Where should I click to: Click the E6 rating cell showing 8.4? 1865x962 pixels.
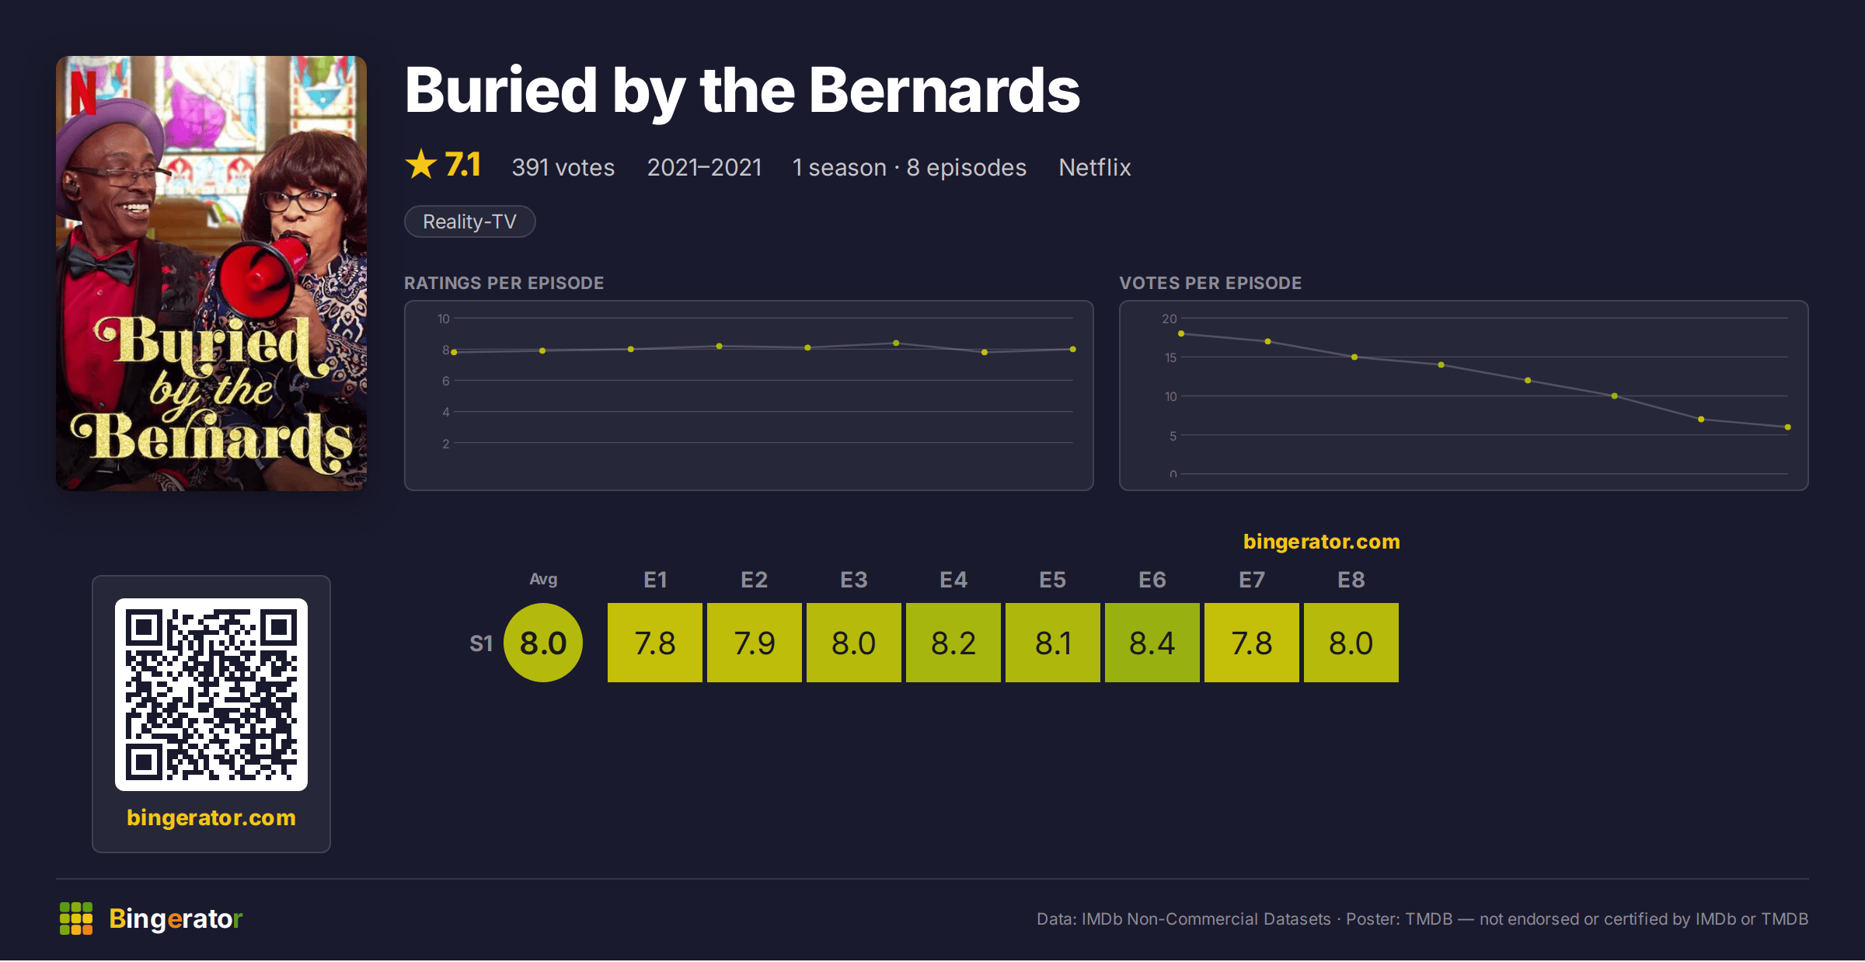click(x=1152, y=643)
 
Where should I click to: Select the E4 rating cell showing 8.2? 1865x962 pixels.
click(x=953, y=643)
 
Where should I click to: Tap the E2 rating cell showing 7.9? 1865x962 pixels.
click(x=755, y=643)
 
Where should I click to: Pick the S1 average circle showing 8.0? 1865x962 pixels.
click(x=543, y=643)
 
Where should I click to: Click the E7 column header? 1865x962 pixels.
click(x=1252, y=580)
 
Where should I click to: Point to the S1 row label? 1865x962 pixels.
click(x=481, y=643)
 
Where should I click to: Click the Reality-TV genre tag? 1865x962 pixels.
click(x=470, y=221)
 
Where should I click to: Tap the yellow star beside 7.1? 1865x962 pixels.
click(x=421, y=164)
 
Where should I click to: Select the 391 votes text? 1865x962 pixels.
click(x=563, y=167)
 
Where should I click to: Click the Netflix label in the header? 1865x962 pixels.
click(x=1095, y=167)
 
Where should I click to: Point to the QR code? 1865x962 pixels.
click(x=211, y=695)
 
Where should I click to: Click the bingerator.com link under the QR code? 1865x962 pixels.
click(x=211, y=817)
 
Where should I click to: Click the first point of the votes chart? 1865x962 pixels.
click(x=1181, y=333)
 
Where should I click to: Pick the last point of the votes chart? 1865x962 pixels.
click(x=1788, y=427)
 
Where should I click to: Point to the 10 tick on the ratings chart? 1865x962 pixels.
click(x=444, y=319)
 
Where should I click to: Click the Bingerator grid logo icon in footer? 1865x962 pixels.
click(x=76, y=918)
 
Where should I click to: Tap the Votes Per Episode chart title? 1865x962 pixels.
click(x=1211, y=283)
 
